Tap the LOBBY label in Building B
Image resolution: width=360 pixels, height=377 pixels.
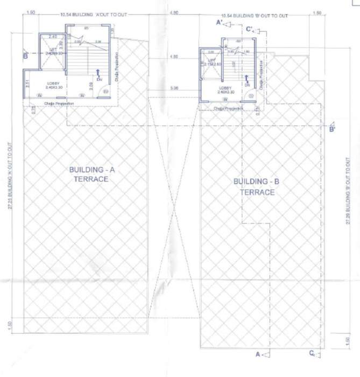click(226, 89)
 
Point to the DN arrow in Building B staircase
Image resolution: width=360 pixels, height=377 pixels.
click(246, 81)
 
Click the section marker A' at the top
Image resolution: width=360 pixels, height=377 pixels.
click(220, 23)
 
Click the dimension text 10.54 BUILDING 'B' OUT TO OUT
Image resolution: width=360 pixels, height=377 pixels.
click(254, 15)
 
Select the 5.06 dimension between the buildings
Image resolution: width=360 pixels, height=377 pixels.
click(174, 87)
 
